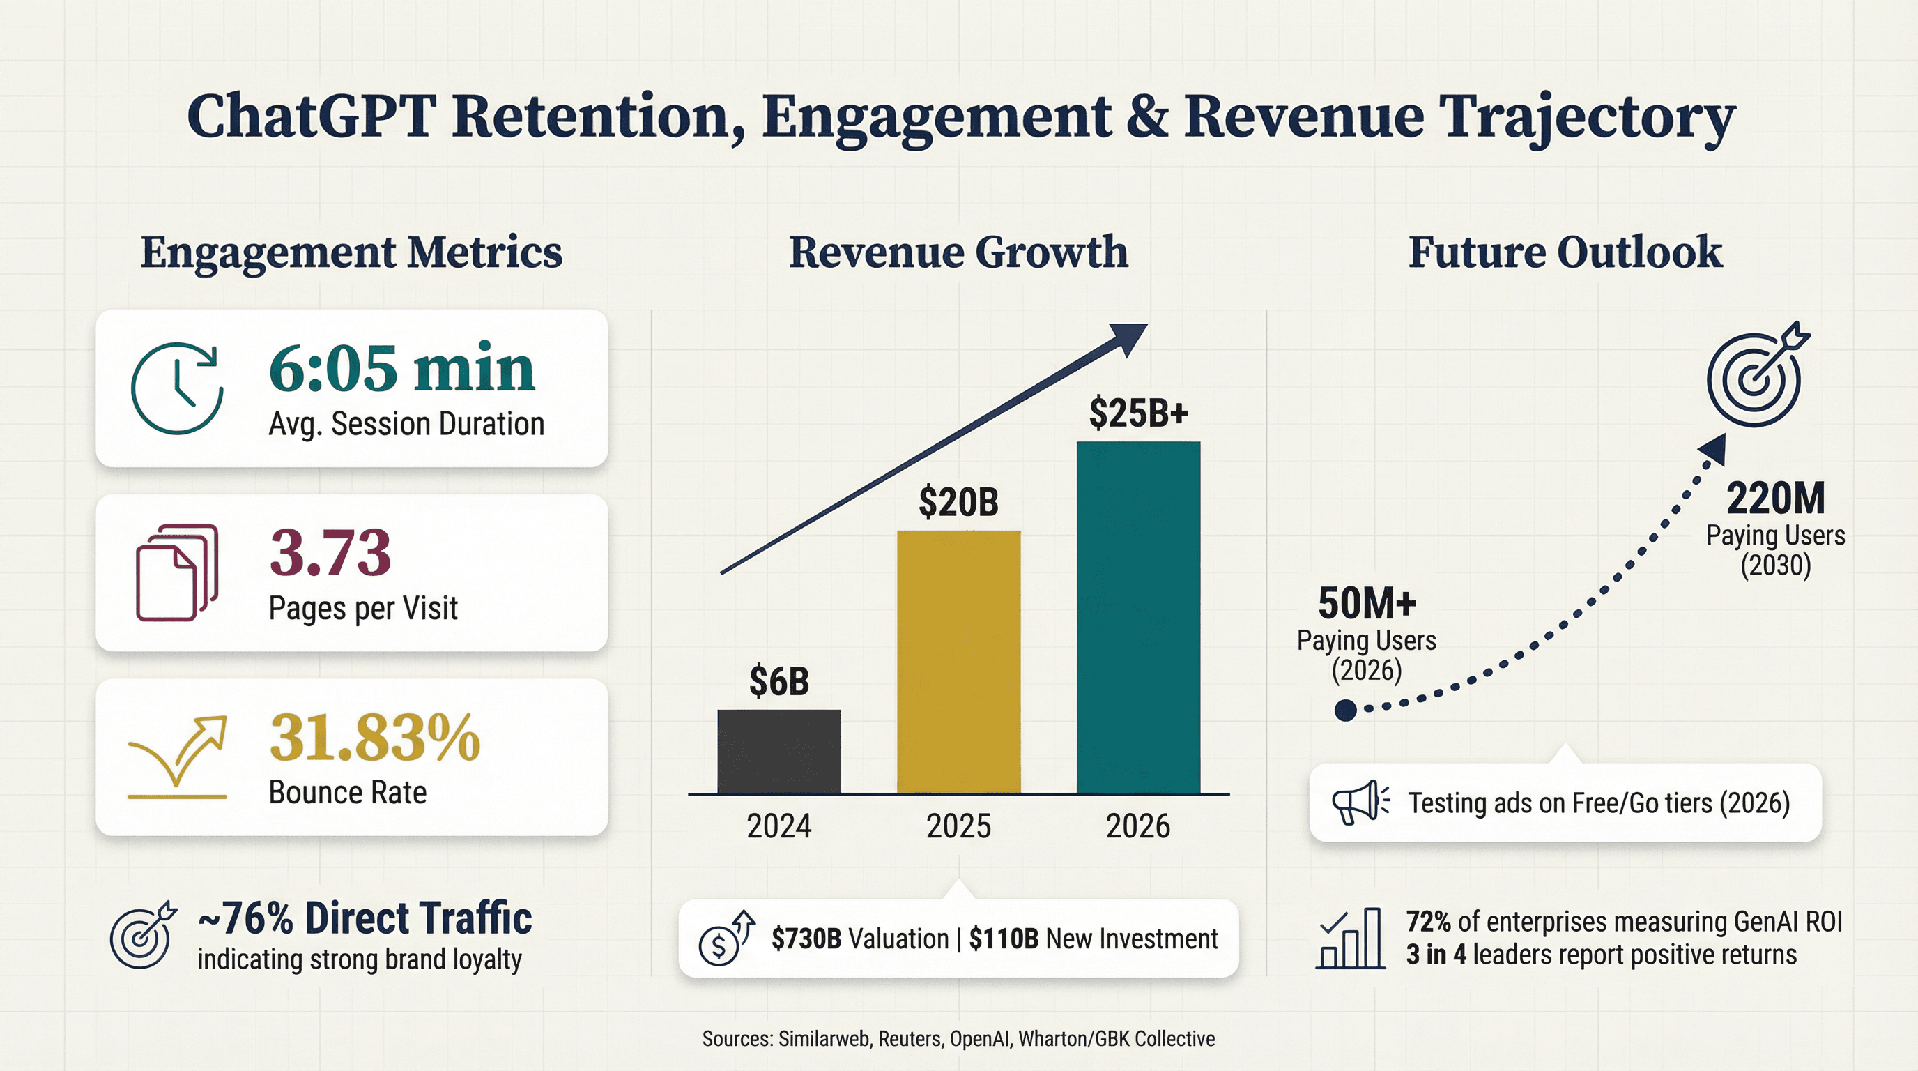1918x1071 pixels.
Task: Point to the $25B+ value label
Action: pos(1137,413)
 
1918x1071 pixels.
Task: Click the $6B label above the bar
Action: pos(778,681)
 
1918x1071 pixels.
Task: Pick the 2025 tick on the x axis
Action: pos(958,826)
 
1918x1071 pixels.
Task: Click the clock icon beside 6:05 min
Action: pos(177,388)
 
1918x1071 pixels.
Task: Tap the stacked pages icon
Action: pos(177,572)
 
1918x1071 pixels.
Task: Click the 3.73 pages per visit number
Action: pos(330,553)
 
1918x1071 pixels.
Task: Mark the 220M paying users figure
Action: pos(1775,499)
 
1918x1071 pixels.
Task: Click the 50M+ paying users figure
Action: pos(1366,603)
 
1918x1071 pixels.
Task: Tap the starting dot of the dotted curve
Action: pos(1345,710)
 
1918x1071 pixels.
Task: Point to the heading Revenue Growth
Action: pos(958,252)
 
